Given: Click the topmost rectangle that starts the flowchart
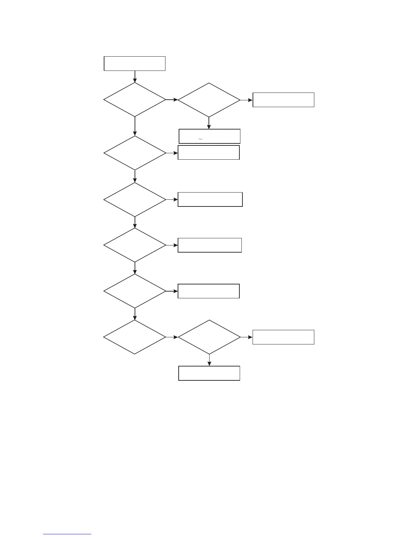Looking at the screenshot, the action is click(x=135, y=63).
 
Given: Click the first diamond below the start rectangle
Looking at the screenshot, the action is click(x=135, y=100).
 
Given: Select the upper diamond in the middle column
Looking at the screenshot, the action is click(x=209, y=100).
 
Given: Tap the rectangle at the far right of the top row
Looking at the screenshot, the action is click(x=283, y=100).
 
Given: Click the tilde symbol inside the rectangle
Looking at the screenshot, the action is click(x=200, y=139).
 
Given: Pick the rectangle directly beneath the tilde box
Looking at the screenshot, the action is click(x=209, y=153).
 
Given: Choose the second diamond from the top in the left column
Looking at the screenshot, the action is click(x=135, y=153).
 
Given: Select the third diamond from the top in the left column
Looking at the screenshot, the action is click(x=135, y=200).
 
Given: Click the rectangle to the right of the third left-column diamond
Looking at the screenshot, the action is click(x=210, y=199).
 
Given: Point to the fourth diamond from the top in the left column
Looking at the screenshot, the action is click(x=135, y=245).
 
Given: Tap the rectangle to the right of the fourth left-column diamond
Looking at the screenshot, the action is click(x=210, y=245).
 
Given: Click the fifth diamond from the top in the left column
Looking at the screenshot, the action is click(x=135, y=291).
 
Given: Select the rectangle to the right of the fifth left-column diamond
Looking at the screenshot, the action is click(x=209, y=291).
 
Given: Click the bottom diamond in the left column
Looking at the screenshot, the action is click(x=135, y=337).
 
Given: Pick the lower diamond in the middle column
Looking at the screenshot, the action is click(x=209, y=337).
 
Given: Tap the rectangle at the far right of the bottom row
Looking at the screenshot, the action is click(x=283, y=337).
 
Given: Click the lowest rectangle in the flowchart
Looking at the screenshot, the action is click(x=209, y=373).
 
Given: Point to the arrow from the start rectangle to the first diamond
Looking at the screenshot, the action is click(x=135, y=77).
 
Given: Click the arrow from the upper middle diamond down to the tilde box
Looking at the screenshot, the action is click(x=209, y=123).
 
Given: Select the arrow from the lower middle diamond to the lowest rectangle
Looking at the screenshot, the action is click(x=209, y=360).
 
